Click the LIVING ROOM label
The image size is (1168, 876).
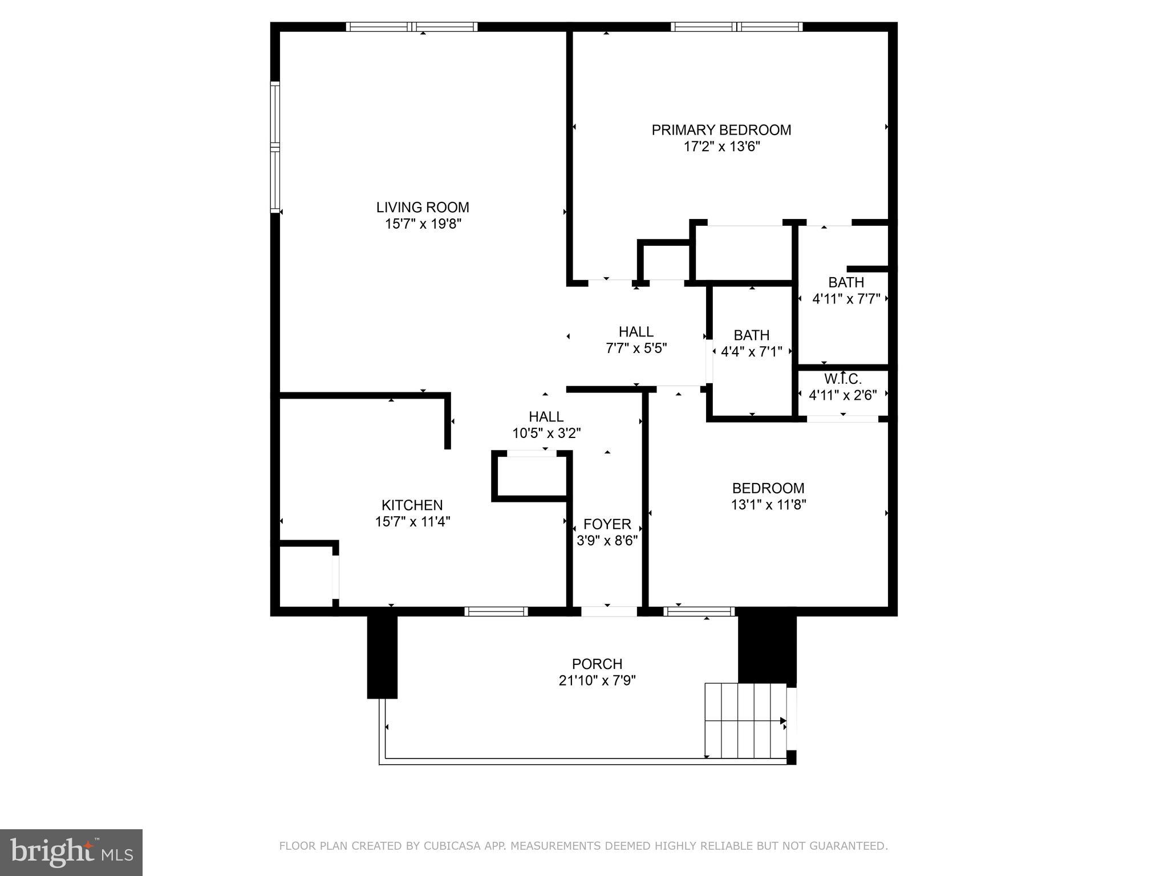coord(423,207)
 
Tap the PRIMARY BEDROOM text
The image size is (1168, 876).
coord(721,130)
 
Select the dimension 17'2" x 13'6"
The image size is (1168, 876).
coord(721,147)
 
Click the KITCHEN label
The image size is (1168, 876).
coord(412,505)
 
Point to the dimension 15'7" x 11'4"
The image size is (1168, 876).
coord(412,521)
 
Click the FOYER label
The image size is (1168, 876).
coord(607,524)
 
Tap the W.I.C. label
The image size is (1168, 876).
coord(842,379)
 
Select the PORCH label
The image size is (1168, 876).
coord(597,664)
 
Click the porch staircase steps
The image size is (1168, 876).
coord(745,720)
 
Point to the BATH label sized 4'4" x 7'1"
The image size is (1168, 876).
coord(751,335)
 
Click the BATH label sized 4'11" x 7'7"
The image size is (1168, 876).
coord(846,282)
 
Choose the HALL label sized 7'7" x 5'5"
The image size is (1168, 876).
coord(636,332)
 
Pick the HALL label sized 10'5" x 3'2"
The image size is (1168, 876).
coord(546,417)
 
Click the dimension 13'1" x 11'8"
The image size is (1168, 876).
coord(768,505)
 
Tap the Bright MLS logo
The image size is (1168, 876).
coord(71,853)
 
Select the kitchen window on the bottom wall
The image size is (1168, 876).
coord(496,611)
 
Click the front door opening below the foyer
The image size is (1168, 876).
coord(609,611)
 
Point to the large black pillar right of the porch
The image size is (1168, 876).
coord(766,650)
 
